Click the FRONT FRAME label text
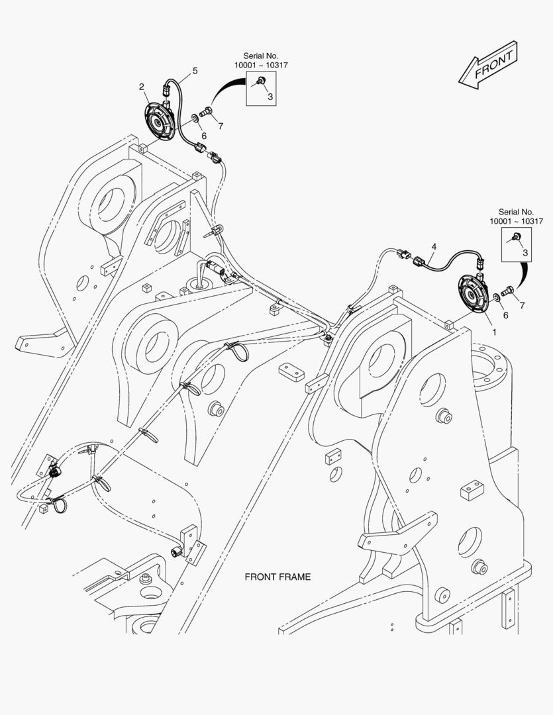[277, 577]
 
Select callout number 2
[142, 87]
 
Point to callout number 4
[433, 246]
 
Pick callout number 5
[195, 70]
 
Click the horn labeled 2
[159, 120]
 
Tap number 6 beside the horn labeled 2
[204, 135]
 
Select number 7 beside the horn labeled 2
[220, 126]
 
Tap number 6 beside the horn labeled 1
[505, 315]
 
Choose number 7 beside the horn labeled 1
[522, 305]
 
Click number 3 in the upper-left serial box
[270, 97]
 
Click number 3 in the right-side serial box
[525, 252]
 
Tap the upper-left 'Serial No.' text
[260, 56]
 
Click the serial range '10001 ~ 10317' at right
[516, 221]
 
